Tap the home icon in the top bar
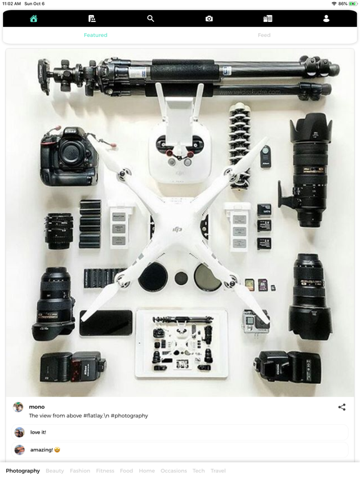tap(34, 19)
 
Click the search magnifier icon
tap(151, 19)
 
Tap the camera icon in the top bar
tap(209, 19)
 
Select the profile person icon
tap(326, 19)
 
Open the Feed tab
tap(264, 36)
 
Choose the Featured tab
tap(96, 36)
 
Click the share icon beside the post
tap(342, 407)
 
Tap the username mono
tap(37, 407)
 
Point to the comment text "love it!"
tap(38, 432)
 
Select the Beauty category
tap(55, 471)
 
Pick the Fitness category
tap(105, 471)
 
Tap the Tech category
tap(199, 471)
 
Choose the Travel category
tap(218, 471)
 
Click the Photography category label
tap(23, 471)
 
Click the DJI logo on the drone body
tap(177, 229)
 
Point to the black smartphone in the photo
tap(106, 323)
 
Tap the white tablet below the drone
tap(182, 343)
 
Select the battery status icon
tap(351, 4)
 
